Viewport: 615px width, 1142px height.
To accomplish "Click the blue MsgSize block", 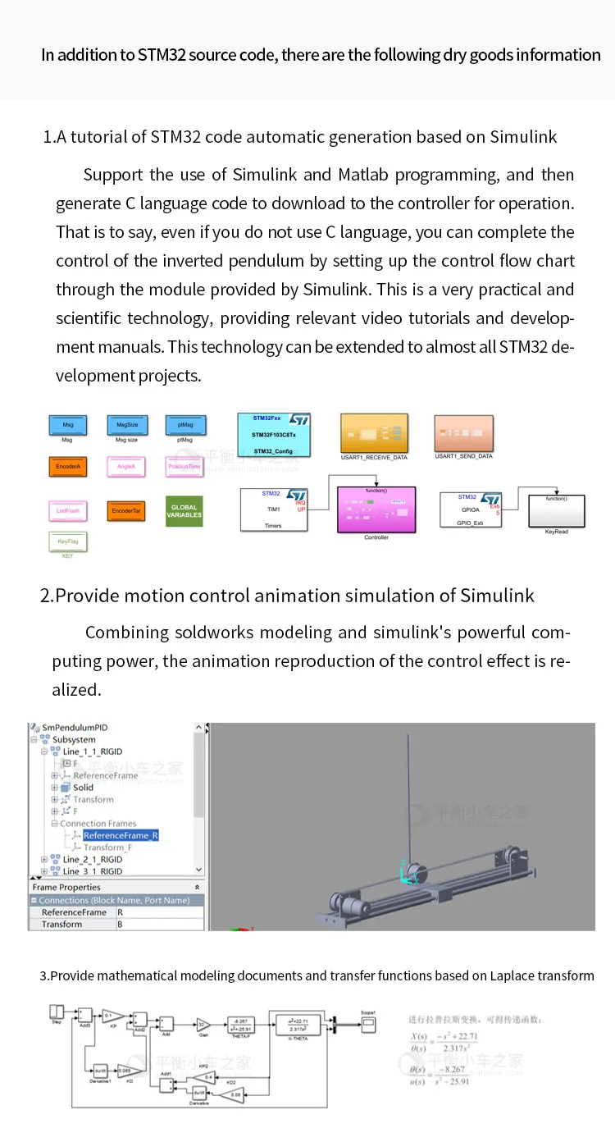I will [x=127, y=425].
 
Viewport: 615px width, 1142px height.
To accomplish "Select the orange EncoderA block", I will [x=68, y=467].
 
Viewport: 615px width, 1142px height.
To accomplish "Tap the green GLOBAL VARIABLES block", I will [x=184, y=510].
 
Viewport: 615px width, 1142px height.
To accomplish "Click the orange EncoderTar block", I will [x=127, y=510].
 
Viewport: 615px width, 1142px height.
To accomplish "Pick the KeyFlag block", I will [x=68, y=541].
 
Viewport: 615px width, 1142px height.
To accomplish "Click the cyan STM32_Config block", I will [x=274, y=435].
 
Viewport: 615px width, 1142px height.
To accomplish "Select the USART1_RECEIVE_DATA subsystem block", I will [x=374, y=432].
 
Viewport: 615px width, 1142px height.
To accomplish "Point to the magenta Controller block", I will [x=376, y=509].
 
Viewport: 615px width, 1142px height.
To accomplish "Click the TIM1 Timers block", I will [x=274, y=509].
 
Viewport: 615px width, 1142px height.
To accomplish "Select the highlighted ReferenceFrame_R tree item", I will [x=121, y=835].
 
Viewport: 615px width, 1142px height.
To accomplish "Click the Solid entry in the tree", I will [x=84, y=788].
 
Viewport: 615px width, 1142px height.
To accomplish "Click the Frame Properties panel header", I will [x=67, y=887].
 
